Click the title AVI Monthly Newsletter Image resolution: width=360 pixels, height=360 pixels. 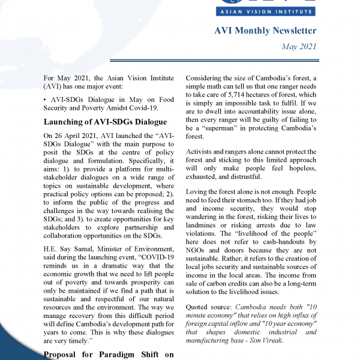point(265,31)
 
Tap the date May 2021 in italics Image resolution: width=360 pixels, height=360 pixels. point(299,47)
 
